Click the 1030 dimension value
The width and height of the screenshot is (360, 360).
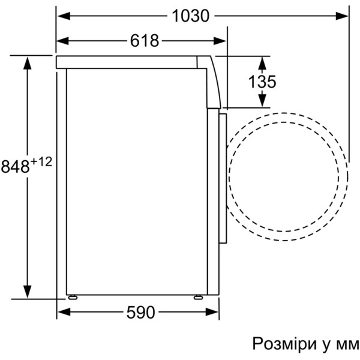[191, 16]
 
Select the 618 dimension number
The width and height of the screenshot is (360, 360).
[145, 41]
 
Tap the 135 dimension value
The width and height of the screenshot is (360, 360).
[262, 82]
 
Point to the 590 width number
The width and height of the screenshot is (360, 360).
[141, 312]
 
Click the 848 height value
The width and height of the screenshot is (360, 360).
[16, 166]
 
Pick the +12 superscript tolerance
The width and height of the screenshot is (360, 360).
[41, 162]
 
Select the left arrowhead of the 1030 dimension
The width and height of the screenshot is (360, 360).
[64, 16]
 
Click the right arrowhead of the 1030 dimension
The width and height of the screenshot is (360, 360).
[342, 16]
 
